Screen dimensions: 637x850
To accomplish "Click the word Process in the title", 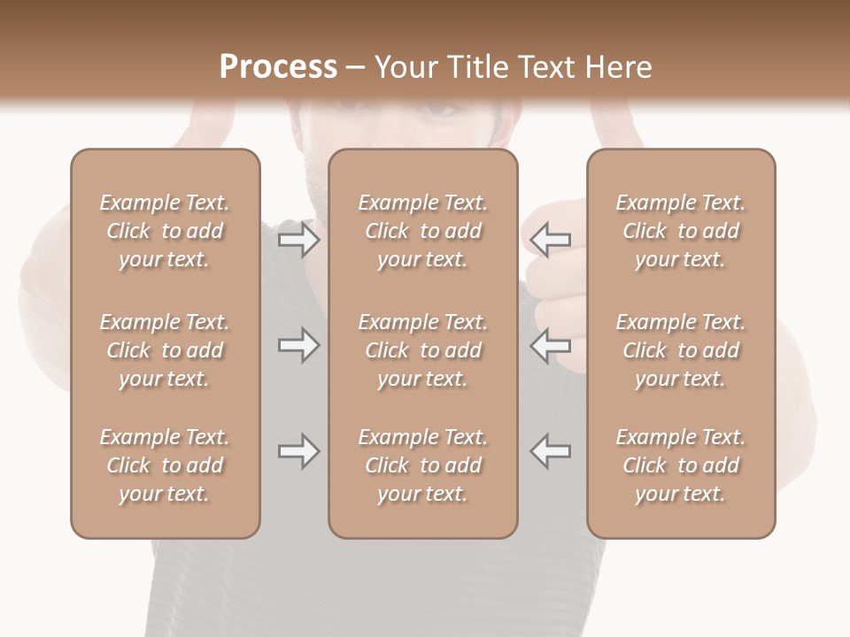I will pyautogui.click(x=278, y=67).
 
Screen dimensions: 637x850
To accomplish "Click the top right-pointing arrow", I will pyautogui.click(x=299, y=239).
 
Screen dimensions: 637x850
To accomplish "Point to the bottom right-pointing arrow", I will pyautogui.click(x=299, y=451).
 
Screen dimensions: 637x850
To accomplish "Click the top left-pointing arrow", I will pyautogui.click(x=550, y=239).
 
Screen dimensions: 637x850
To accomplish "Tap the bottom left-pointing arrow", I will pyautogui.click(x=550, y=451).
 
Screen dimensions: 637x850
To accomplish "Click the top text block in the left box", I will pyautogui.click(x=165, y=231).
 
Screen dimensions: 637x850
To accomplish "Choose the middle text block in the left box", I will pyautogui.click(x=165, y=350).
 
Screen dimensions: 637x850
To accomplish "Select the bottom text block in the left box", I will pyautogui.click(x=165, y=465).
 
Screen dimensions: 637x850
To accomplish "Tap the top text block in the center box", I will pyautogui.click(x=422, y=231).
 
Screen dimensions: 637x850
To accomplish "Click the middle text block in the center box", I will pyautogui.click(x=422, y=350).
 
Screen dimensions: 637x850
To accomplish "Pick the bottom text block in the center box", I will pyautogui.click(x=422, y=465).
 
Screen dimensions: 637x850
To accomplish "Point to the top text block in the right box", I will pyautogui.click(x=681, y=231).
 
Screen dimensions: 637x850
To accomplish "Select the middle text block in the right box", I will pyautogui.click(x=681, y=350).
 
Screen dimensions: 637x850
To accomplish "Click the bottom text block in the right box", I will pyautogui.click(x=681, y=465).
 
